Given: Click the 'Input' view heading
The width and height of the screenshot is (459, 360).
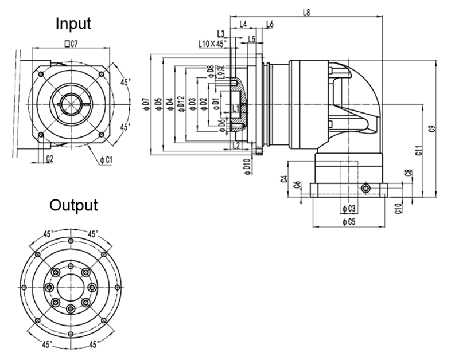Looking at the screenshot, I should tap(73, 24).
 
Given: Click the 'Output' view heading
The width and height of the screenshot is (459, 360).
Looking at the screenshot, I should tap(73, 205).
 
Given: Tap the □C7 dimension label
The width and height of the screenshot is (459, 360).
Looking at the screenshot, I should tap(71, 44).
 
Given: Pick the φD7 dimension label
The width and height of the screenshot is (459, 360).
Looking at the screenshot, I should tap(146, 103).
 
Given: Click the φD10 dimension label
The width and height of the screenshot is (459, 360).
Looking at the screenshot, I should tap(246, 166).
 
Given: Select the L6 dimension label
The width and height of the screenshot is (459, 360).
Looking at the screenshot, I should tap(270, 24).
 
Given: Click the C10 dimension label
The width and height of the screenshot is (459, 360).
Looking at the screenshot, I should tap(398, 208).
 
